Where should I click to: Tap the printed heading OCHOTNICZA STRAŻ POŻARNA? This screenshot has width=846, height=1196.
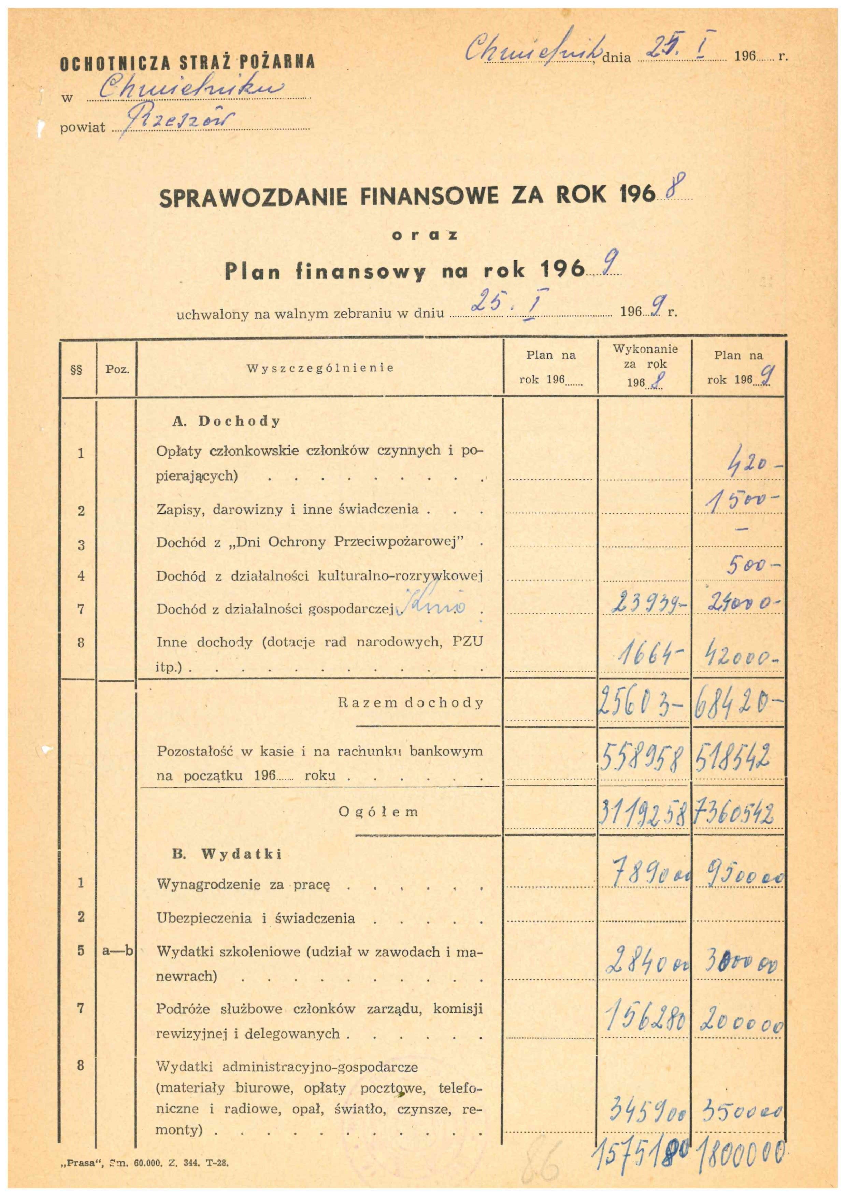188,63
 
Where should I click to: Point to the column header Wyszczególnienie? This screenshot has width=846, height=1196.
320,368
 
